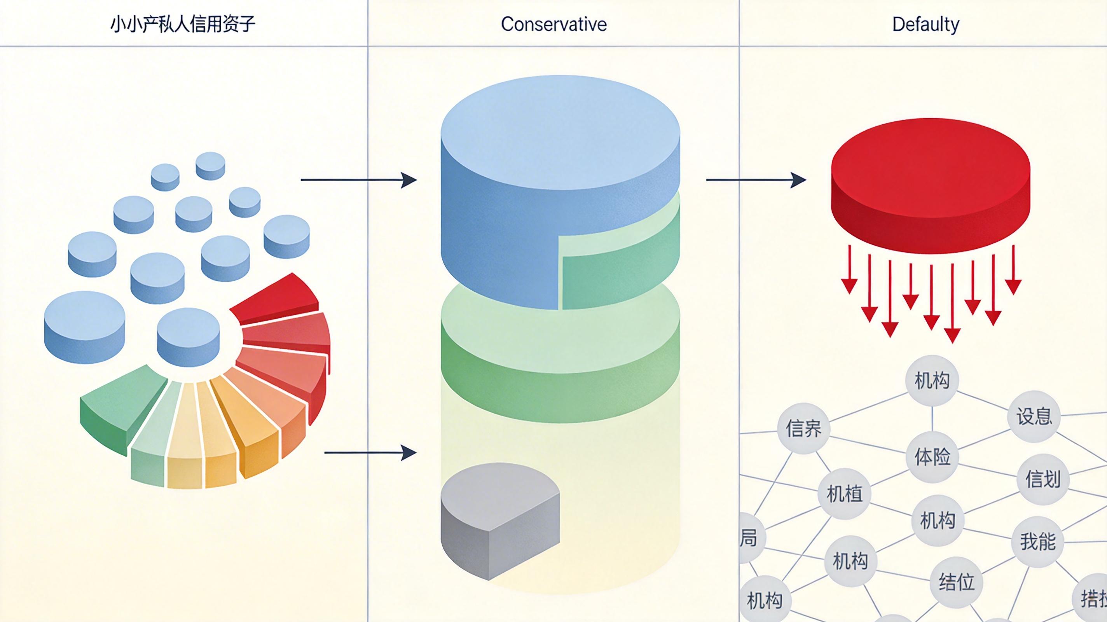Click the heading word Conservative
pos(553,24)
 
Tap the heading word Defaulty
pos(925,24)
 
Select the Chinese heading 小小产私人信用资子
pos(183,24)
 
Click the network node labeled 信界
pos(803,428)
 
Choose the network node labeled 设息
pos(1034,416)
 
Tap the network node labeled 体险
pos(932,456)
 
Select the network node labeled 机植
pos(844,493)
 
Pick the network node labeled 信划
pos(1043,479)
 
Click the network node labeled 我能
pos(1038,541)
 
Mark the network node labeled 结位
pos(956,582)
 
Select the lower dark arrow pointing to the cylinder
pos(370,453)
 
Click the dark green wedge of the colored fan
pos(122,408)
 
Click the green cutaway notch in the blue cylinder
pos(619,275)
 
